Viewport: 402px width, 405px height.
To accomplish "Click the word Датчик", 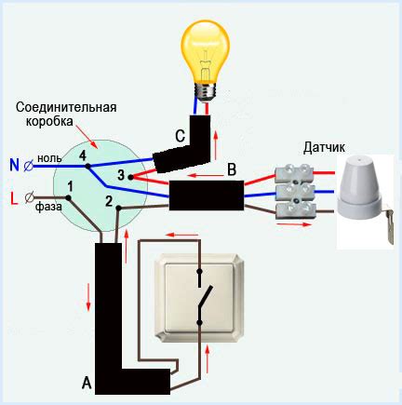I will tap(326, 147).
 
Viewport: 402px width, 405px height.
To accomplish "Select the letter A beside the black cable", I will tap(86, 383).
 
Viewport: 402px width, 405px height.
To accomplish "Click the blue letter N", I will tap(13, 166).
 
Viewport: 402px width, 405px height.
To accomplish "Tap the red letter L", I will tap(13, 196).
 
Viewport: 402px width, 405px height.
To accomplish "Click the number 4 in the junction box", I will tap(83, 154).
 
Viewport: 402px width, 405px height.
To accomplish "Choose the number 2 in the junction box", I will tap(109, 200).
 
